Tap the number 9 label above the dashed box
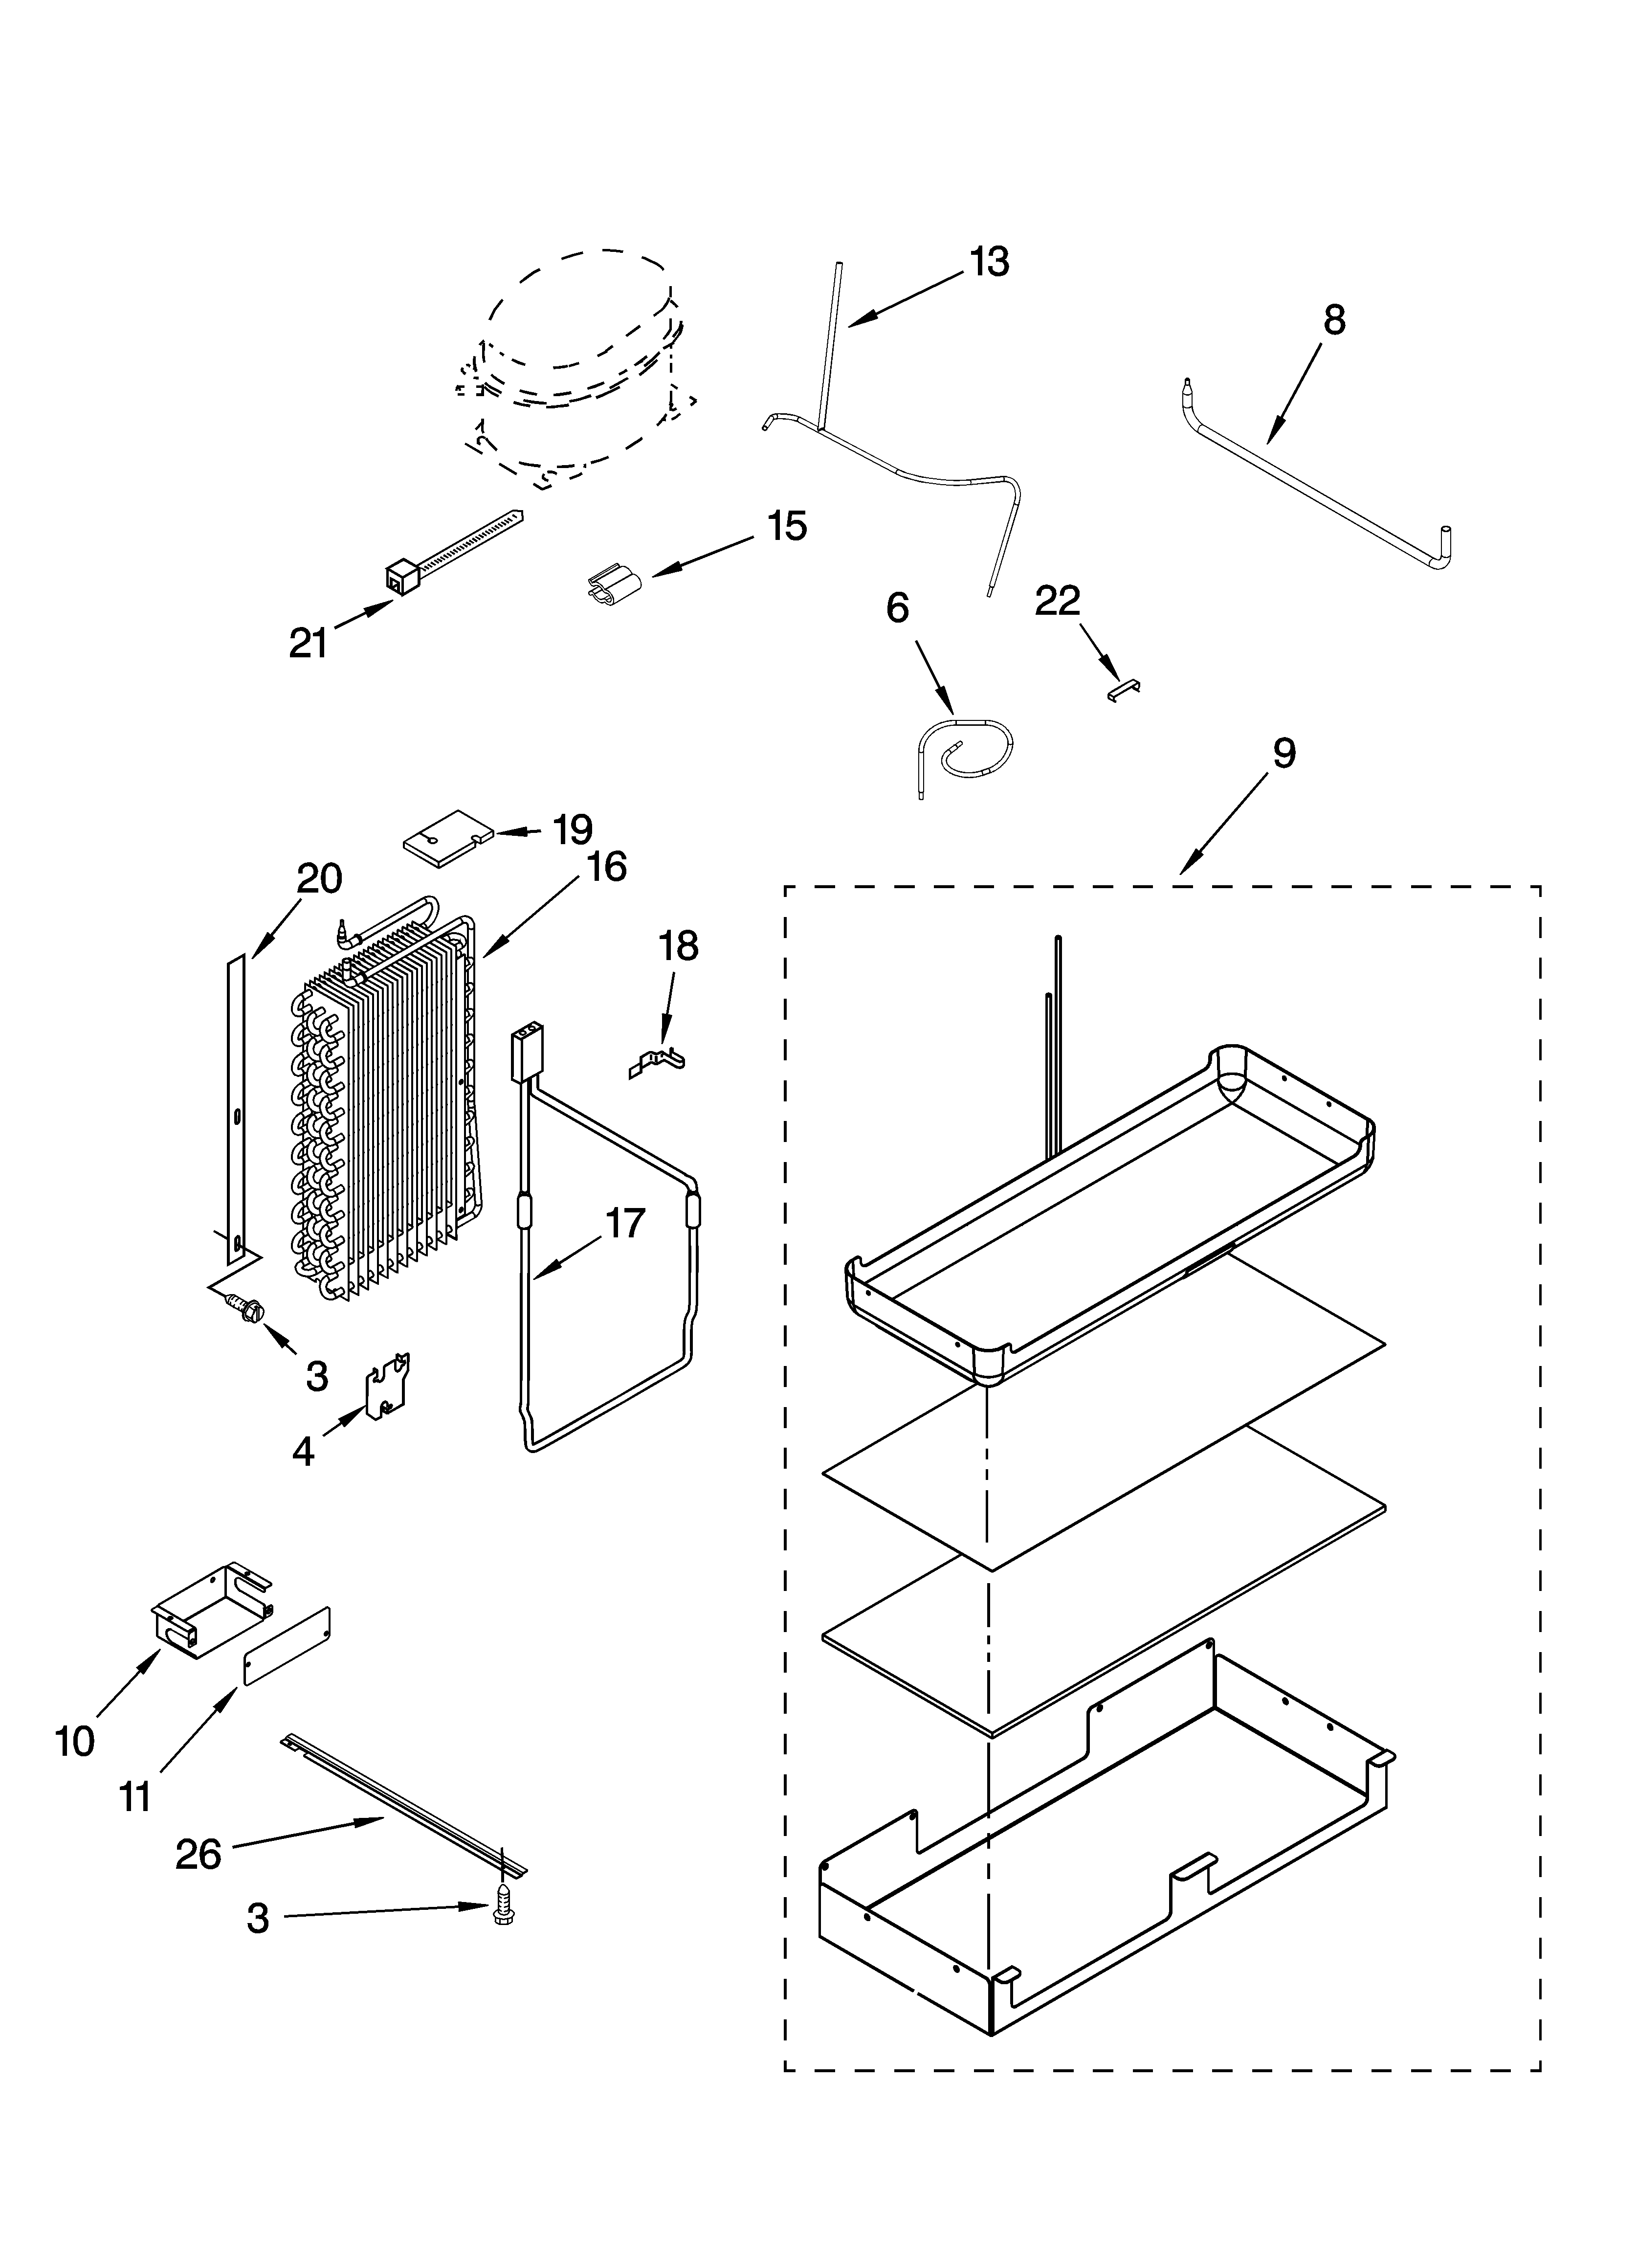tap(1284, 753)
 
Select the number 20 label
tap(319, 878)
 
